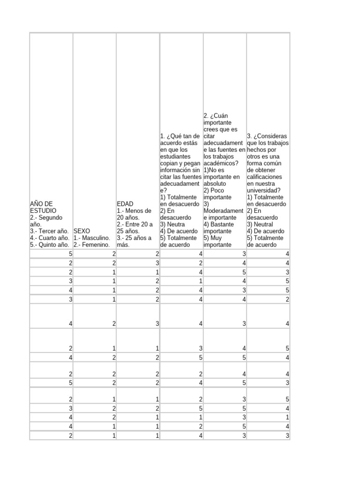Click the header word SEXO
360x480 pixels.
(x=82, y=231)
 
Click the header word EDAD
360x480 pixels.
(x=125, y=204)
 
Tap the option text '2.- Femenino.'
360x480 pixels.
(x=91, y=245)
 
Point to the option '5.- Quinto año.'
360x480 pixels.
(x=50, y=245)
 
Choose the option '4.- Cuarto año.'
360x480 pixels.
(x=50, y=238)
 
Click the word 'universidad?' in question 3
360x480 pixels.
(x=264, y=190)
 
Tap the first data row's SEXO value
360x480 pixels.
(x=113, y=254)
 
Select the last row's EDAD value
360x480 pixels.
(x=157, y=436)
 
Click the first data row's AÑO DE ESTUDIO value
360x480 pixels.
(x=70, y=254)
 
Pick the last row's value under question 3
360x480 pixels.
(x=287, y=436)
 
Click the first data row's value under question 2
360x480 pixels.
(x=244, y=254)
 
